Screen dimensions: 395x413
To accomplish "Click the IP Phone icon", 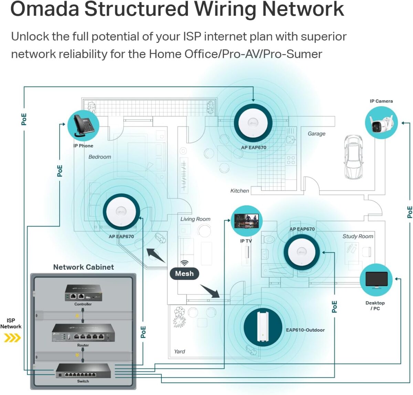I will [x=83, y=126].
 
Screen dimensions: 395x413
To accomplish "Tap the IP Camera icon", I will [x=381, y=123].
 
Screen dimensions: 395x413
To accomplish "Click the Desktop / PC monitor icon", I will [x=376, y=280].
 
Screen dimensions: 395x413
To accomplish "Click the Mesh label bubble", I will [x=184, y=274].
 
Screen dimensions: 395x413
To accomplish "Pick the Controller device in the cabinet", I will [x=83, y=293].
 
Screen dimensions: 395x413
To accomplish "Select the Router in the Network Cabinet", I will [x=83, y=333].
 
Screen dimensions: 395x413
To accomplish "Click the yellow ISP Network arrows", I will [x=12, y=338].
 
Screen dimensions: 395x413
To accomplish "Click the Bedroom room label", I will [x=100, y=157].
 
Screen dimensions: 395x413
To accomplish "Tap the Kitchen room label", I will [x=240, y=191].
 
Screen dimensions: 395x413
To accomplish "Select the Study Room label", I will [x=358, y=236].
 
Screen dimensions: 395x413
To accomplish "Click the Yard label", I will [x=179, y=351].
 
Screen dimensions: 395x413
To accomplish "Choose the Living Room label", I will [x=195, y=219].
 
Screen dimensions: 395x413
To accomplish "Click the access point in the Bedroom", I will [x=121, y=212].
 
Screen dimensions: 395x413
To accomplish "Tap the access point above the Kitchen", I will [x=253, y=123].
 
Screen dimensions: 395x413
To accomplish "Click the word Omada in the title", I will [x=45, y=9].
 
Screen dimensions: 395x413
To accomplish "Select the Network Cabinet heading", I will [x=83, y=267].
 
